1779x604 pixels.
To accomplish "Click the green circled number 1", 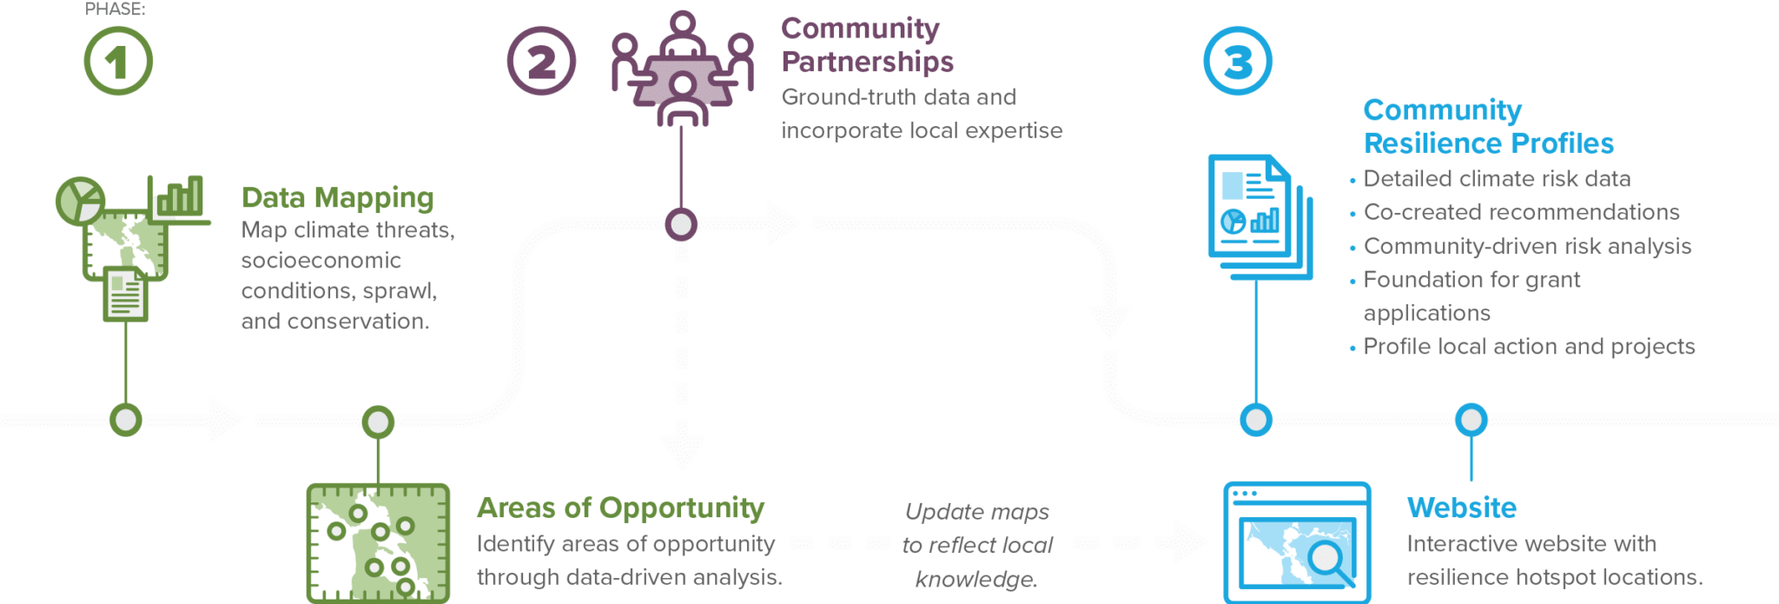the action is [x=118, y=61].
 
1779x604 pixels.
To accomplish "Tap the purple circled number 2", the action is [x=541, y=61].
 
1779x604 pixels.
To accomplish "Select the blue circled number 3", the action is [x=1238, y=61].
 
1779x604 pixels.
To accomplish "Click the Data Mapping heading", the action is [x=337, y=198].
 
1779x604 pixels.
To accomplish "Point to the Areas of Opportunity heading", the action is [x=620, y=508].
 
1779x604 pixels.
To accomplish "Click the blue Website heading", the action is [x=1462, y=508].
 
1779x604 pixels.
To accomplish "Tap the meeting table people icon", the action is [x=682, y=69].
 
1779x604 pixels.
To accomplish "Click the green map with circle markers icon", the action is [x=378, y=543].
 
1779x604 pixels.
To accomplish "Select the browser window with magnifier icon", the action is [x=1297, y=543].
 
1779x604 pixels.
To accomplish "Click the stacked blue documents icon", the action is [x=1260, y=217].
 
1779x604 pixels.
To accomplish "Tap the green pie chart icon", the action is [x=80, y=201].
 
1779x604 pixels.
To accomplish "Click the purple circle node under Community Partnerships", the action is [x=681, y=224].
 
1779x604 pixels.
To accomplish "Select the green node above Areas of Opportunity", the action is [x=378, y=422].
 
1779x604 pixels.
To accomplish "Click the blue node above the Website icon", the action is [x=1471, y=420].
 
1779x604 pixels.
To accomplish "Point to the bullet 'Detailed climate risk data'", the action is [x=1497, y=179].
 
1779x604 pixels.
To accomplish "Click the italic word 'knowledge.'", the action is [x=976, y=579].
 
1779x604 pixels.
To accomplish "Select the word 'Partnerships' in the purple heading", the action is [x=867, y=62].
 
